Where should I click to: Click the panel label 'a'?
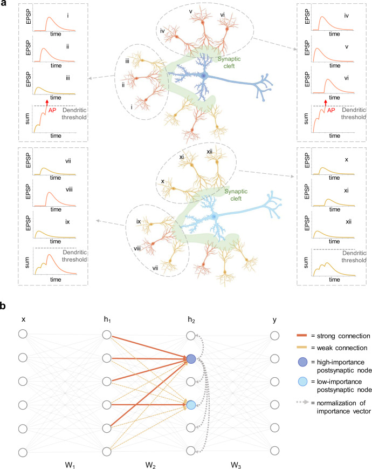(5, 4)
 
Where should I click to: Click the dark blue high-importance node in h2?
(190, 358)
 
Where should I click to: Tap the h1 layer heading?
(107, 321)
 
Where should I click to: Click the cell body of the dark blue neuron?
(204, 77)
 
